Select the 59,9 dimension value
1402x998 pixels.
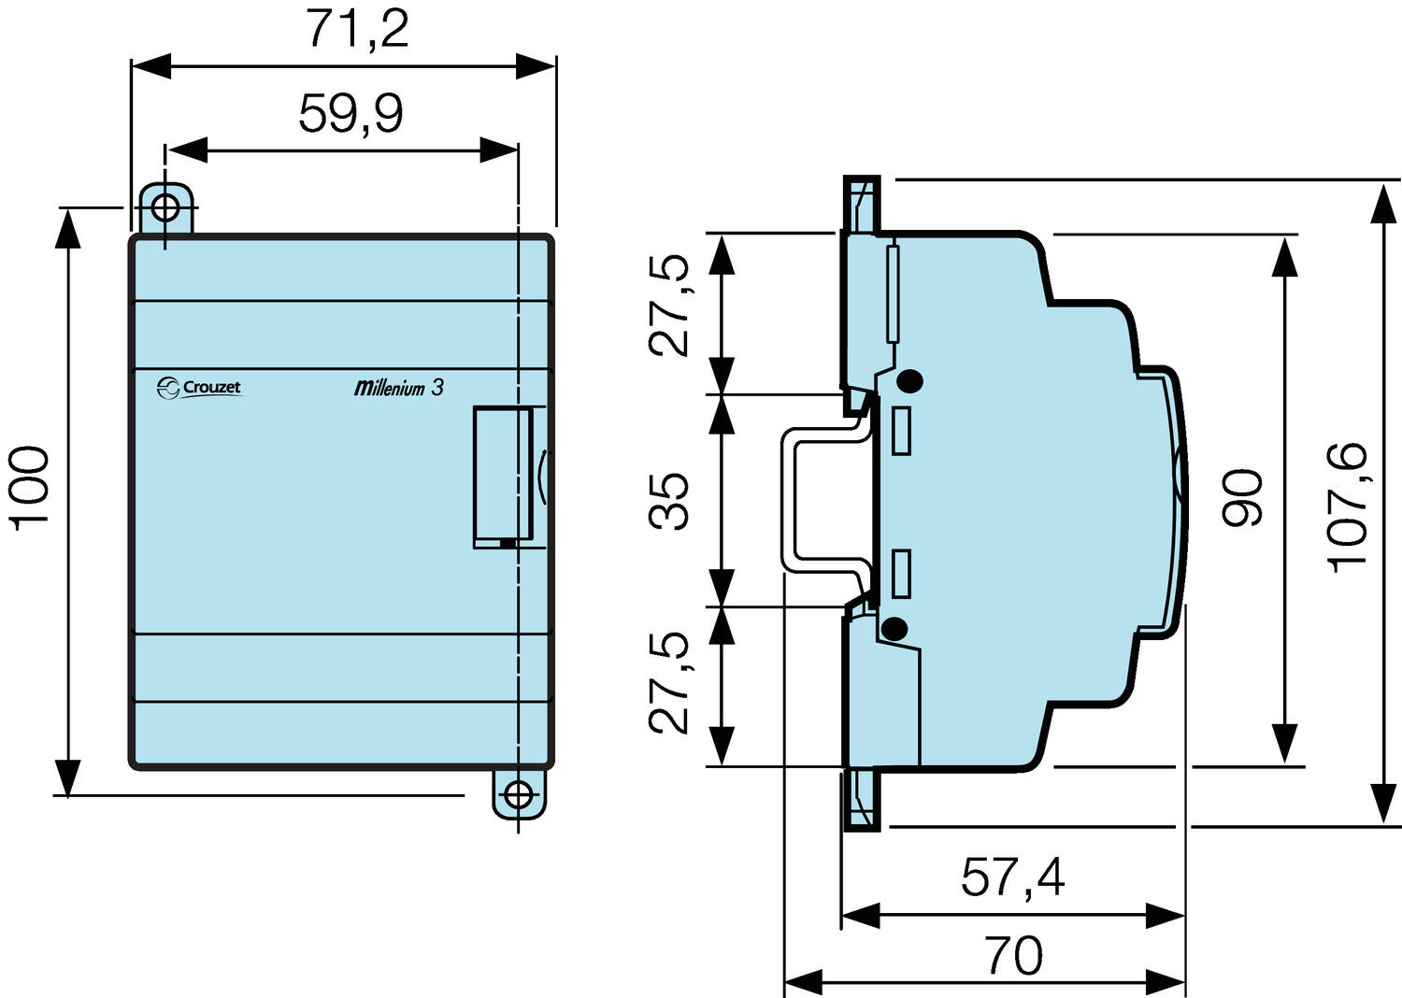coord(350,114)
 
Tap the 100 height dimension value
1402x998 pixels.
coord(31,488)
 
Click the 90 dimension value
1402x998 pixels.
coord(1244,497)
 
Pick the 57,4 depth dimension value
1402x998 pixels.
coord(1013,877)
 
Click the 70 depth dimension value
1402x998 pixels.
coord(1013,956)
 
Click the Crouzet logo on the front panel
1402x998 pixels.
coord(199,387)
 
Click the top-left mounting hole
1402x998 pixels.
coord(165,207)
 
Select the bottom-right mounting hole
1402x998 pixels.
coord(517,795)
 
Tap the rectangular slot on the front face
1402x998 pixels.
coord(502,477)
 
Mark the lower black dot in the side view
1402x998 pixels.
coord(894,629)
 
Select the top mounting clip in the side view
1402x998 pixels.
coord(861,204)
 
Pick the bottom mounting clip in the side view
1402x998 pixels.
coord(861,799)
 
